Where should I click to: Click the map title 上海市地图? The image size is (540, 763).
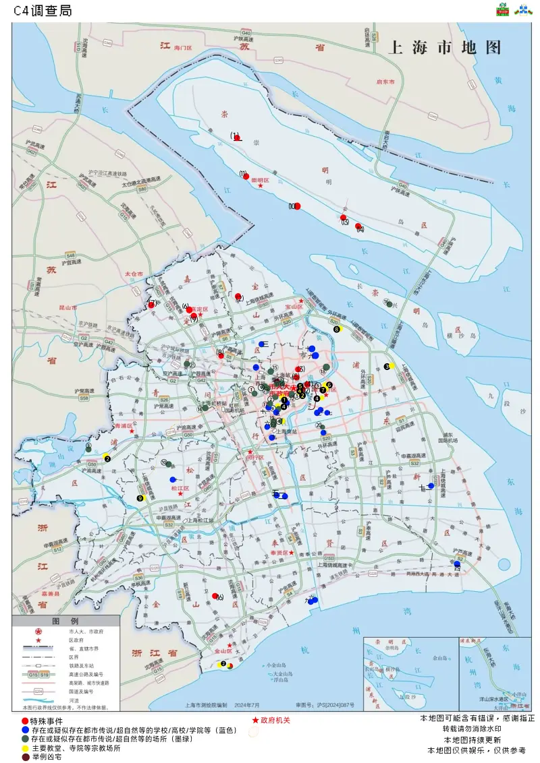pos(446,48)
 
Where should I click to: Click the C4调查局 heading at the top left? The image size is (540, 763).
pos(43,11)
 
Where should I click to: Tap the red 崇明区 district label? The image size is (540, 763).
pos(260,181)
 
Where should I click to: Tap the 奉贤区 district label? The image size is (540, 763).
pos(279,552)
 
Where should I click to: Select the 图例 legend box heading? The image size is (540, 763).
pos(65,621)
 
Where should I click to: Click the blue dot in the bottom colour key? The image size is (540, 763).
pos(25,730)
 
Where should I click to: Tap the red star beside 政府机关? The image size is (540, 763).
pos(255,721)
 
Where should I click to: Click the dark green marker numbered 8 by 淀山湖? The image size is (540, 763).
pos(88,448)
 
